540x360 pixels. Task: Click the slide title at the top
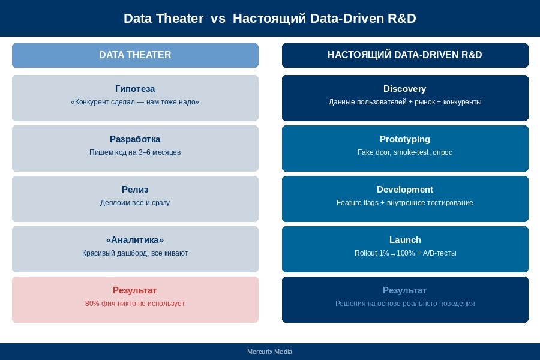point(269,19)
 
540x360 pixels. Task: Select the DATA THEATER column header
point(135,55)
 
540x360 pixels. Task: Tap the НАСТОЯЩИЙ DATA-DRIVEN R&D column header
point(405,55)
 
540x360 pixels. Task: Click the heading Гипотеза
point(135,89)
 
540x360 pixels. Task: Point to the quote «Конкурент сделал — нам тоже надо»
point(135,102)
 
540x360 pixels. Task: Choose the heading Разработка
point(135,139)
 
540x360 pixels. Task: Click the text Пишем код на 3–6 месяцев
point(135,152)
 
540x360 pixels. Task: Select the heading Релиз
point(135,190)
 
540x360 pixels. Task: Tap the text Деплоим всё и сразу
point(135,203)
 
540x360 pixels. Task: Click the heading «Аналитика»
point(135,240)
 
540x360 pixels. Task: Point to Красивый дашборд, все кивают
point(135,253)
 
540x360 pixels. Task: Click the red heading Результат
point(135,290)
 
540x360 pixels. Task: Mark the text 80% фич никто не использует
point(135,304)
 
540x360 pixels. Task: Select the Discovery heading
point(405,89)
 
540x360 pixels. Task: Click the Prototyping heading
point(405,139)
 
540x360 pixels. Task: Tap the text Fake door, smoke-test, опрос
point(405,152)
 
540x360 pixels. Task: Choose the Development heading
point(405,190)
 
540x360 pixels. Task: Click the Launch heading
point(405,240)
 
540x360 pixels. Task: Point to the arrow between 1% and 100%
point(393,254)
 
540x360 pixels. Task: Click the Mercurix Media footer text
point(269,352)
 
